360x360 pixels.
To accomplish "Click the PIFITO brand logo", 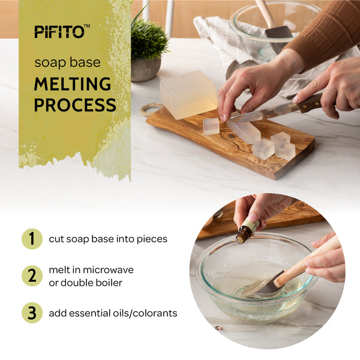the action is click(x=62, y=31).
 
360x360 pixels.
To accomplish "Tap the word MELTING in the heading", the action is click(x=73, y=84).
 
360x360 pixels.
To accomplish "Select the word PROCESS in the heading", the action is click(x=75, y=104).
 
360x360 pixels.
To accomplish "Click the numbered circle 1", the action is click(x=32, y=239).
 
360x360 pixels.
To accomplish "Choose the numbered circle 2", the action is click(x=32, y=276).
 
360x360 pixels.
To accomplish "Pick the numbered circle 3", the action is click(x=32, y=313).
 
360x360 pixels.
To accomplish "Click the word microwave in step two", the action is click(x=108, y=270).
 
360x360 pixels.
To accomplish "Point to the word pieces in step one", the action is click(x=152, y=239).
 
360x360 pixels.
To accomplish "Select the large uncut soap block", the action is click(x=188, y=94).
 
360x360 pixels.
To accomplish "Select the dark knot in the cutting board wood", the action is click(x=232, y=136).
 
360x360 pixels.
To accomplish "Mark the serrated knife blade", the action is click(x=264, y=113).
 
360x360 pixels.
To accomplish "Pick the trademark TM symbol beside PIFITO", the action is click(x=87, y=26).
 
